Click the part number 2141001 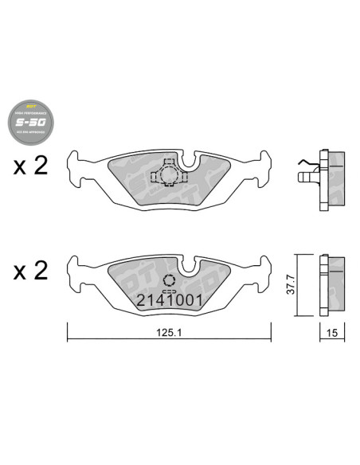(x=171, y=300)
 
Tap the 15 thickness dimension (x=331, y=335)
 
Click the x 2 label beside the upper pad (x=30, y=167)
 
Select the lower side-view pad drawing (x=331, y=284)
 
